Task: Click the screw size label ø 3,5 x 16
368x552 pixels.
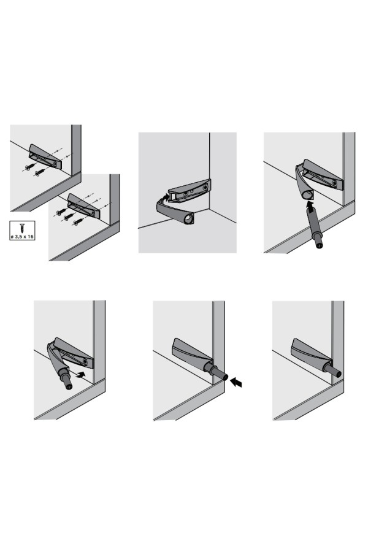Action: [22, 237]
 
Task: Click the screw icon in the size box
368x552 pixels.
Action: [22, 228]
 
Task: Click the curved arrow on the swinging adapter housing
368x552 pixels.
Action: [163, 197]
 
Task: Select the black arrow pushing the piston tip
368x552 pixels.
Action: [236, 382]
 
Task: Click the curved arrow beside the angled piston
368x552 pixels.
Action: [80, 374]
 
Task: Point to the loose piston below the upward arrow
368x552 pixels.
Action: [314, 229]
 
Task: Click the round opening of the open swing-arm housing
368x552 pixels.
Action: [189, 219]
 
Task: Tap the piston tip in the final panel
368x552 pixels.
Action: [338, 373]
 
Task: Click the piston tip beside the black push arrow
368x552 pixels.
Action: [224, 377]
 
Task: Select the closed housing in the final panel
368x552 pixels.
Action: [310, 354]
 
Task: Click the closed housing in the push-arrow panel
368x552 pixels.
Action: [192, 354]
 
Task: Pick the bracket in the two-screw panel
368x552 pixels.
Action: [45, 156]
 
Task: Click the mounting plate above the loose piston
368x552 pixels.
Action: [323, 174]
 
